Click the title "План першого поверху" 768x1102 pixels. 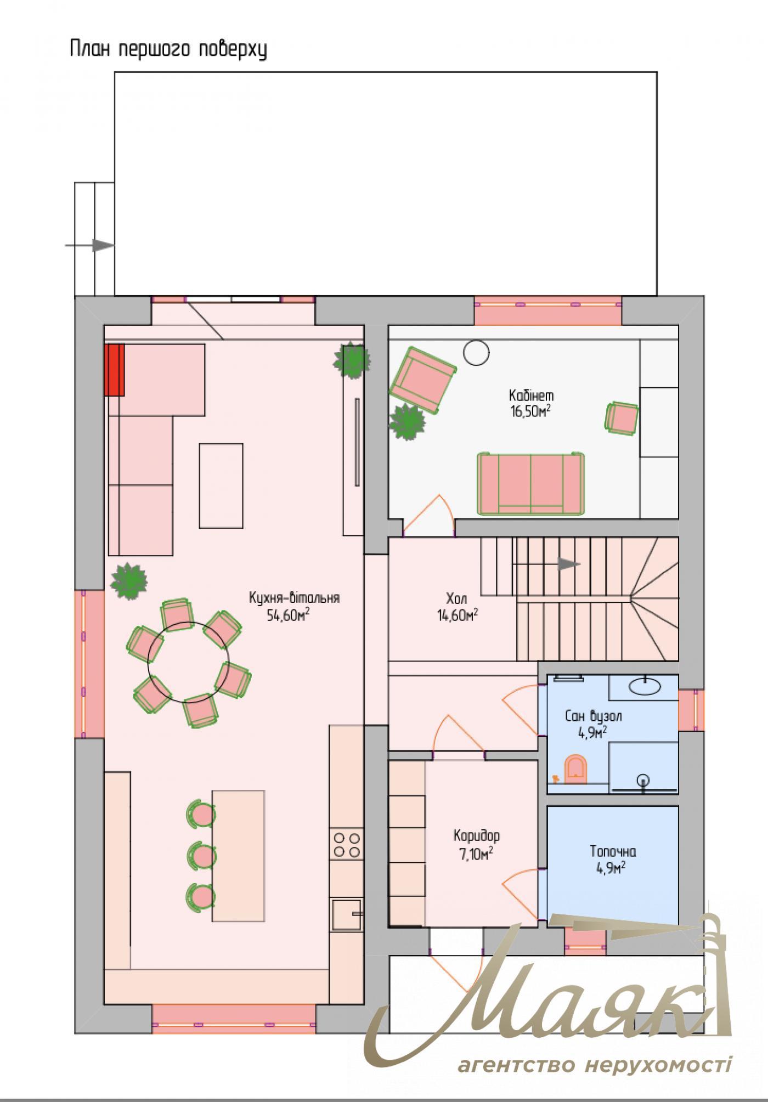coord(168,49)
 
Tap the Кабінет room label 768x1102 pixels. coord(531,395)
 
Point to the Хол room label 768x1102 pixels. coord(456,597)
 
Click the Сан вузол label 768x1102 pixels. coord(594,716)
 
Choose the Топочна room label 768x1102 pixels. coord(613,852)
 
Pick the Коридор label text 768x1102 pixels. coord(476,836)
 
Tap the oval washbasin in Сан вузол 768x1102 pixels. coord(644,686)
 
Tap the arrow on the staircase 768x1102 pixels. coord(569,564)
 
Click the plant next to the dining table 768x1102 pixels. coord(129,580)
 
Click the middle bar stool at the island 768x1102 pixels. coord(200,854)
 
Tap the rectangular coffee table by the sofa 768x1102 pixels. coord(221,485)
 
